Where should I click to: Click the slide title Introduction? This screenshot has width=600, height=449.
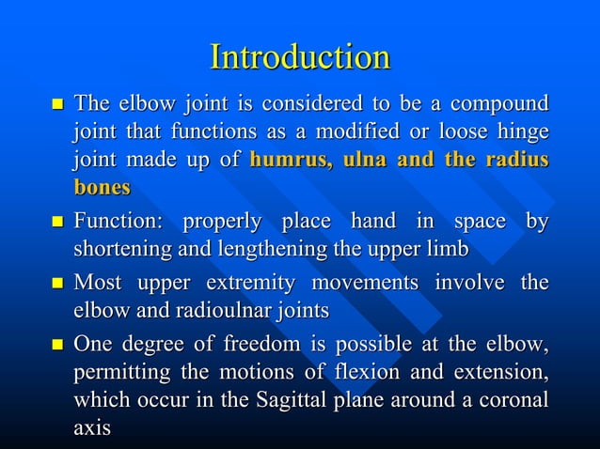tap(300, 57)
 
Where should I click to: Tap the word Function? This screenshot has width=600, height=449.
tap(118, 223)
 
